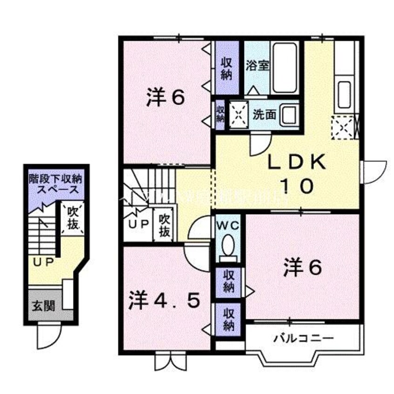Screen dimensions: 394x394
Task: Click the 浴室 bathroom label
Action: click(x=258, y=65)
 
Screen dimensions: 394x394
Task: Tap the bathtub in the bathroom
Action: click(x=284, y=68)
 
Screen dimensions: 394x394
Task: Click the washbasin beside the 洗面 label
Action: click(x=290, y=114)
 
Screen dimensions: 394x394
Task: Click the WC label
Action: click(x=228, y=225)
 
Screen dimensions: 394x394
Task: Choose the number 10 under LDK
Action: click(x=296, y=186)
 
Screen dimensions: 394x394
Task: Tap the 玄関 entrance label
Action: click(x=43, y=306)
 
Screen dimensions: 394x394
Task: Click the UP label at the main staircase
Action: click(x=139, y=224)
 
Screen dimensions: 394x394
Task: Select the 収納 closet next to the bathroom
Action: click(x=226, y=69)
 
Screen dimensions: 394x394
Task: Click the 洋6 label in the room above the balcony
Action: click(x=303, y=268)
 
